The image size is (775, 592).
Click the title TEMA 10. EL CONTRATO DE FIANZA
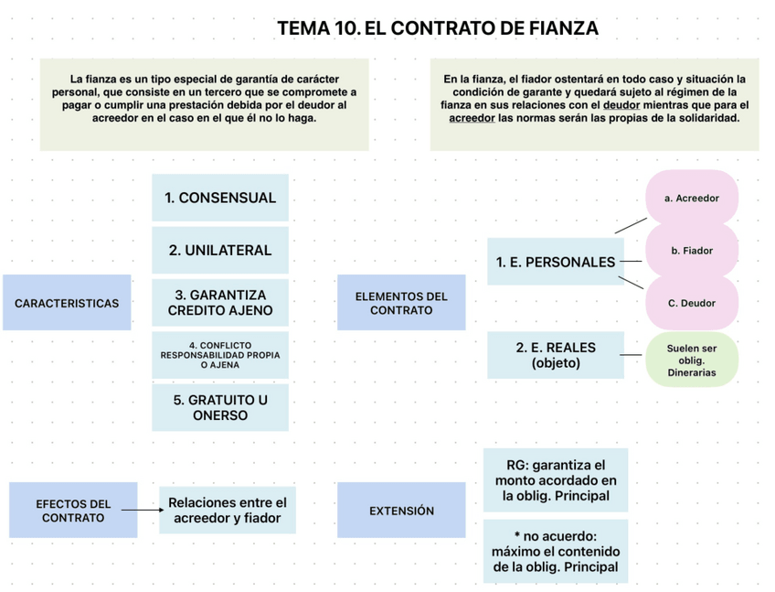point(438,28)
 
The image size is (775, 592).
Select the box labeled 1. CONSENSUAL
point(220,198)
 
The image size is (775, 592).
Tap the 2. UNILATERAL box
point(220,250)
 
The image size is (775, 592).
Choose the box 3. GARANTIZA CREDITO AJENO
point(220,303)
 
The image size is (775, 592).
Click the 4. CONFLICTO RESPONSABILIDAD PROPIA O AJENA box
point(220,355)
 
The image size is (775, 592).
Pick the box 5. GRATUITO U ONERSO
point(220,407)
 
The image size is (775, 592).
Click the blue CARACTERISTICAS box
point(67,303)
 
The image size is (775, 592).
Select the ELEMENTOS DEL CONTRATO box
point(400,303)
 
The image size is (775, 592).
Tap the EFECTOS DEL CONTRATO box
point(73,511)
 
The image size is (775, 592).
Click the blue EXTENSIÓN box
point(400,511)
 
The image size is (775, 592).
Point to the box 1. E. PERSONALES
point(556,262)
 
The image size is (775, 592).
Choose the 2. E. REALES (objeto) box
point(556,355)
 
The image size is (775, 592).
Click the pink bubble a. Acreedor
point(692,198)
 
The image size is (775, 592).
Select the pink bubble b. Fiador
point(692,250)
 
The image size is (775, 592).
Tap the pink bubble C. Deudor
point(692,303)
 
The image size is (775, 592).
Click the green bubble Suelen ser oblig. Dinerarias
point(692,361)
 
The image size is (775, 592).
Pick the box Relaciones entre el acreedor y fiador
point(228,511)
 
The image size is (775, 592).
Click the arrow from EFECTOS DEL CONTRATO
point(141,511)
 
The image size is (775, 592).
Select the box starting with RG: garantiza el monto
point(556,480)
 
